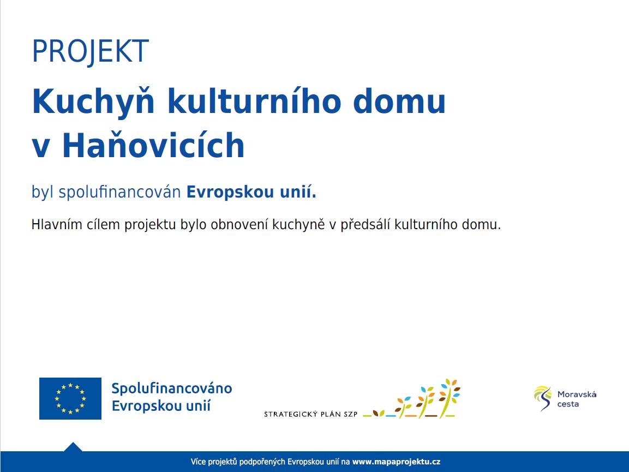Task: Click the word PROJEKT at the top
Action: point(90,52)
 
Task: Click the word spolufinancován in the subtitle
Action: point(119,193)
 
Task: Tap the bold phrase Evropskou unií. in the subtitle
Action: point(251,193)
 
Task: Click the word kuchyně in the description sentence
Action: point(298,225)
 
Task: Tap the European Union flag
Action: point(70,398)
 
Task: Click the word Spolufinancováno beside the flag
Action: point(171,389)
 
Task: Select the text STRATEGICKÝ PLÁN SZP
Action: point(310,414)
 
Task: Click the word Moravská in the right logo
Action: point(577,394)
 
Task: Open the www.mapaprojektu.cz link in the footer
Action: point(396,462)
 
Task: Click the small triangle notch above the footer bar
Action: point(73,447)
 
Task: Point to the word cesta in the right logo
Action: point(568,404)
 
